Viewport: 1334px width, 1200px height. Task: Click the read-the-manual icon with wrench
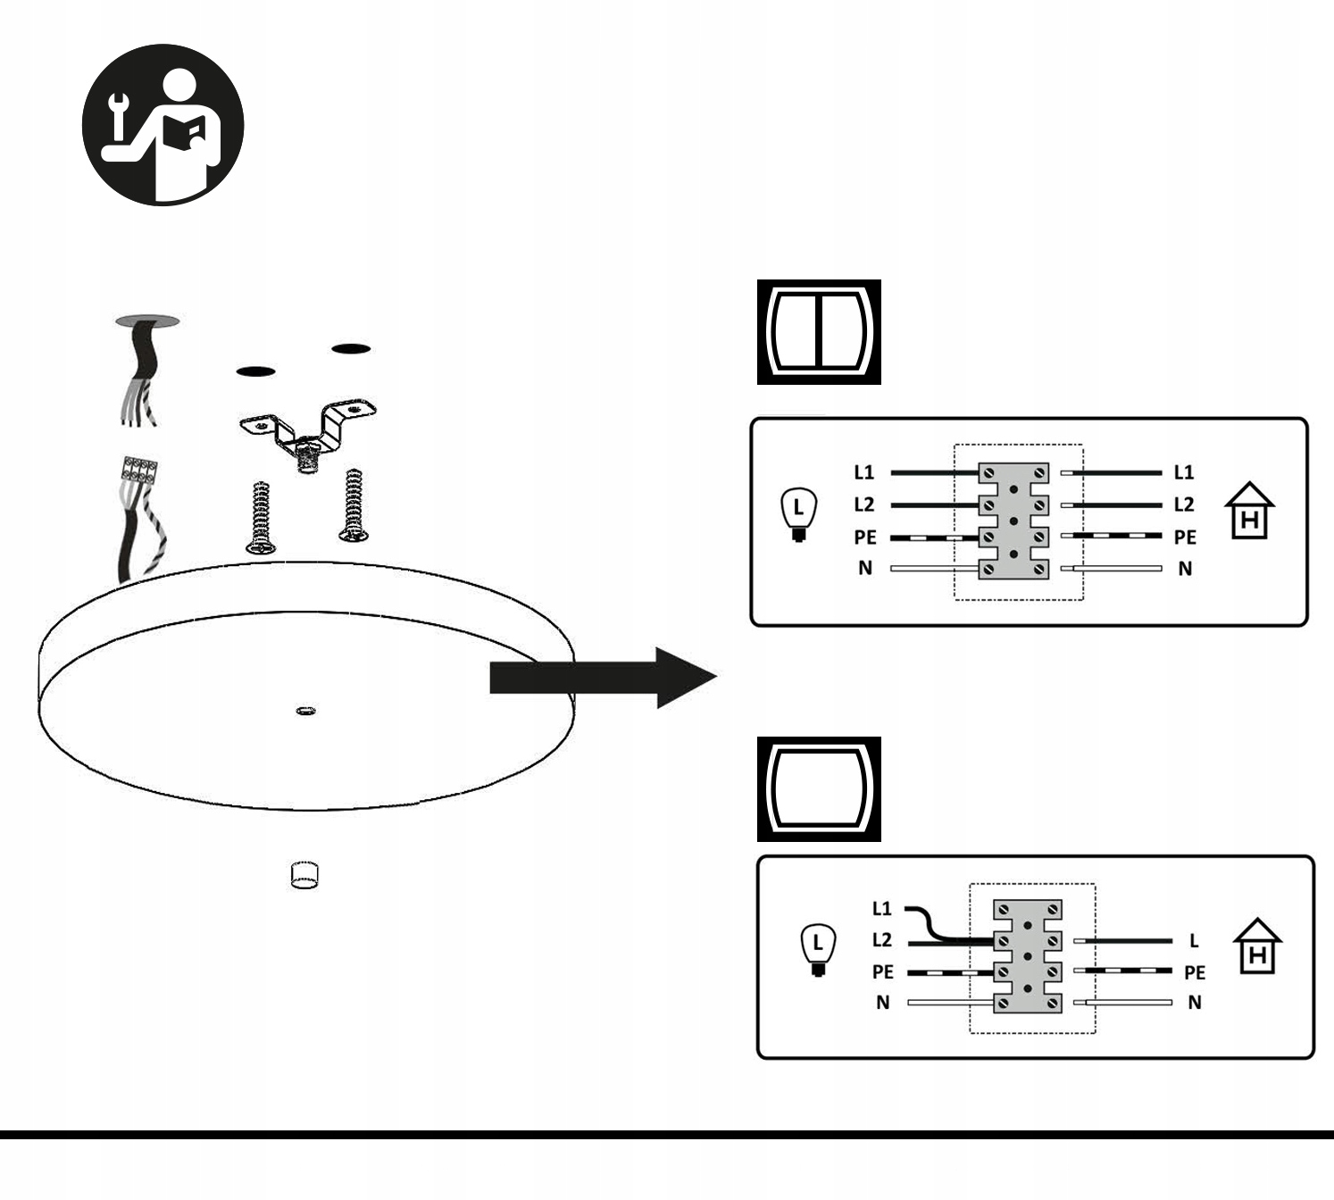163,125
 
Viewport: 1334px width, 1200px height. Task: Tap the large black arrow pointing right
604,679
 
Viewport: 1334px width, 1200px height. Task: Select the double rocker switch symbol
819,332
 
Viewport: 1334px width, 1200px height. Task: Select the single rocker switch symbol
819,789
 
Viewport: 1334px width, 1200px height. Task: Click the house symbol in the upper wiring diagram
1250,512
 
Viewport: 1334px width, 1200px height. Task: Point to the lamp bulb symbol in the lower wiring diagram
818,951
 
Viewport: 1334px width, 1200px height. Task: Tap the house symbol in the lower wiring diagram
1257,946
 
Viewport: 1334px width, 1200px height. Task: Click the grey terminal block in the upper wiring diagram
1013,521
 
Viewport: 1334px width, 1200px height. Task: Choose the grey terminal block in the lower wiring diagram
1028,956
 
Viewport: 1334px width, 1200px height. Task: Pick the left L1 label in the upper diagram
864,472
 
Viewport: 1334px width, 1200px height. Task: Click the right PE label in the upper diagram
1185,537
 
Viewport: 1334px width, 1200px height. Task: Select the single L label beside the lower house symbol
1194,940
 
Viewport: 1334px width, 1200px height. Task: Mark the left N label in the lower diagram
882,1003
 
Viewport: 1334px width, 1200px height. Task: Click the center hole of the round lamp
305,712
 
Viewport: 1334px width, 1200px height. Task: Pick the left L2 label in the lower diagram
881,939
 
